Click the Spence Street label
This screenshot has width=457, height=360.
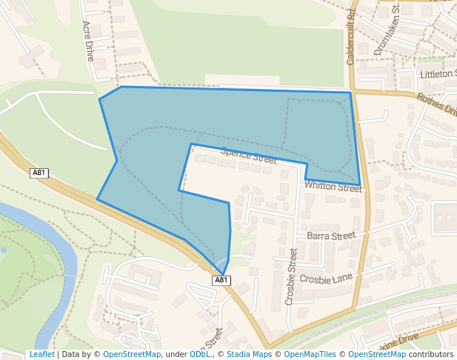click(x=248, y=156)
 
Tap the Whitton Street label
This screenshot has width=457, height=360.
click(x=333, y=187)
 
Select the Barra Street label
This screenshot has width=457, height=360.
click(x=331, y=236)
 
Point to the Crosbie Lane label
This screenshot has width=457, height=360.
click(x=326, y=278)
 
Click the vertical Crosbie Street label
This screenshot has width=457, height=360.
click(x=293, y=279)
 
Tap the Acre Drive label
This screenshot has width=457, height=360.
click(x=88, y=40)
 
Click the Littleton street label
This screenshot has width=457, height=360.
click(x=441, y=75)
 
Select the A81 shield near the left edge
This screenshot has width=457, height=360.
click(x=39, y=173)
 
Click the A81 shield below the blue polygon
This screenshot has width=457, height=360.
click(x=221, y=280)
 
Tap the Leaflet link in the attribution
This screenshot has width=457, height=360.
click(x=41, y=355)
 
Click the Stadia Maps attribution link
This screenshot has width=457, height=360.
click(x=249, y=355)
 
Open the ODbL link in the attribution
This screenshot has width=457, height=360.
click(x=199, y=355)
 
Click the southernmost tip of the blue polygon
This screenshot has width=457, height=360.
click(x=221, y=276)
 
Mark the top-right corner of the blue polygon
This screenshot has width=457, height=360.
click(x=350, y=93)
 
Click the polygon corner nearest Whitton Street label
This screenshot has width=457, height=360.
click(x=360, y=184)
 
